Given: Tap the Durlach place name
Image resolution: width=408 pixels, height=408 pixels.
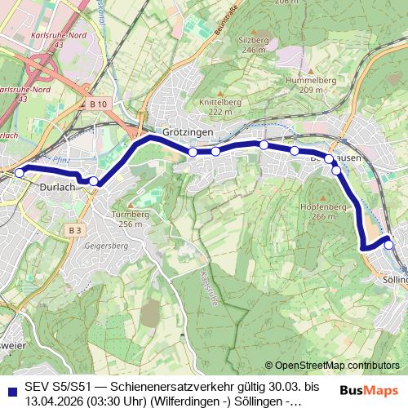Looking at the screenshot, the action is (57, 187).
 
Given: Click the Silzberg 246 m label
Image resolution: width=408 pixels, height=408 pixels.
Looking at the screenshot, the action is (254, 44).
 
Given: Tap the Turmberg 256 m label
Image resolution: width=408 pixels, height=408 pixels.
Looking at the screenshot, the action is (131, 220).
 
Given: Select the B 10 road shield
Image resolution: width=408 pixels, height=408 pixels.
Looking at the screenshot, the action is (99, 104).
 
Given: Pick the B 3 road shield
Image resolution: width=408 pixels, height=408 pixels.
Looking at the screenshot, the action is (75, 230).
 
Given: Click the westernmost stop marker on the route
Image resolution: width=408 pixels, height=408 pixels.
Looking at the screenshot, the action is (20, 172).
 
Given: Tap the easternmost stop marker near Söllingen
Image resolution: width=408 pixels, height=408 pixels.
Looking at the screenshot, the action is (389, 244).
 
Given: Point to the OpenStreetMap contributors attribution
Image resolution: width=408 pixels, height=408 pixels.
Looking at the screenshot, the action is (336, 366).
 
